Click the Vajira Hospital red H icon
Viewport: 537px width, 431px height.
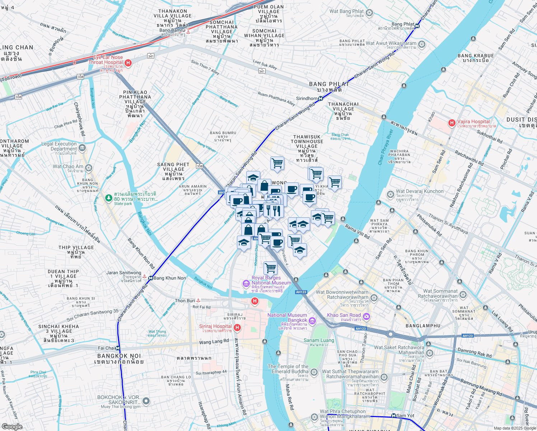(452, 123)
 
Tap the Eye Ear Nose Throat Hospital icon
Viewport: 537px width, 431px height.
(128, 63)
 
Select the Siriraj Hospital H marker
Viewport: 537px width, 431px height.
(237, 327)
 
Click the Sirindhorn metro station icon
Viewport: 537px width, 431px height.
(320, 98)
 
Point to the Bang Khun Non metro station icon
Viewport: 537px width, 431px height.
(151, 278)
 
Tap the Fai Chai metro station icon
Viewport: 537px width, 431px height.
(118, 348)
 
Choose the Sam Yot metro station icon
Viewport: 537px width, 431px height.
(394, 416)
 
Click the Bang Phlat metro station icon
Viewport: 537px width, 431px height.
(417, 26)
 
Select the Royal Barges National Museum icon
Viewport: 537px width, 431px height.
(246, 284)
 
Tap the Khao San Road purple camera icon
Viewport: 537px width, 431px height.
(366, 316)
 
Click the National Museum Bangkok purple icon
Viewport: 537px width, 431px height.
(312, 321)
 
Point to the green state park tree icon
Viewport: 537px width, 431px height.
(108, 198)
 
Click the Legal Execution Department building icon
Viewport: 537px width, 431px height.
(82, 148)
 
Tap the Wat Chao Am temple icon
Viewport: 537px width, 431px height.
(89, 168)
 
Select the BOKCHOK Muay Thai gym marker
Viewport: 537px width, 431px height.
(146, 401)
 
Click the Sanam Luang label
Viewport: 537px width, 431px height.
(319, 340)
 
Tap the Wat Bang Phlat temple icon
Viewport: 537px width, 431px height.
(369, 13)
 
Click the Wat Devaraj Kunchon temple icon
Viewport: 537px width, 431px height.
(391, 194)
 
